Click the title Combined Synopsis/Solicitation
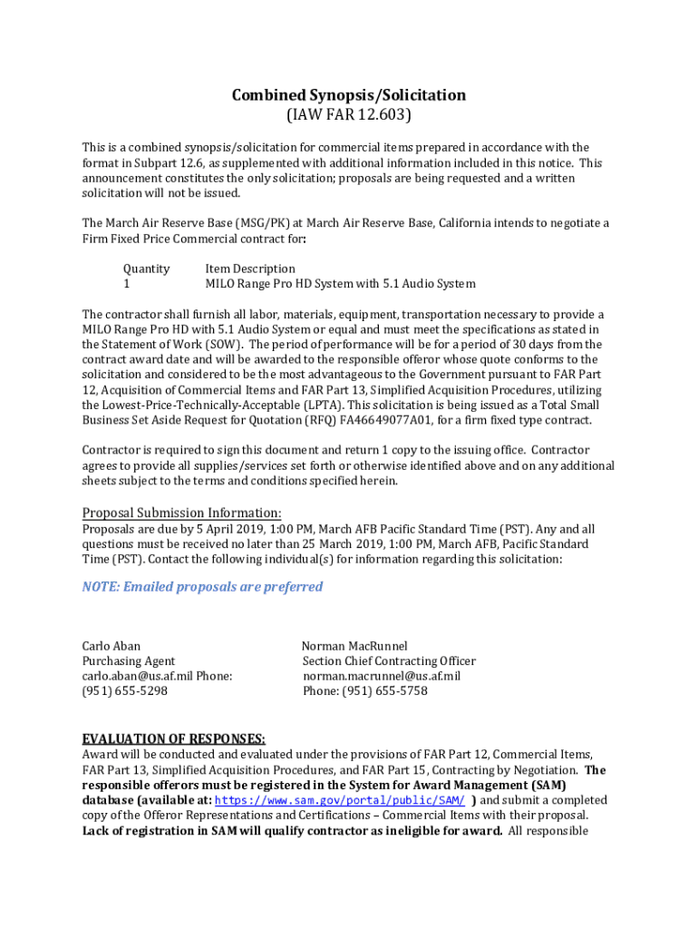pyautogui.click(x=349, y=95)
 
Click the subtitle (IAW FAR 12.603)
pyautogui.click(x=349, y=115)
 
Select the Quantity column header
pyautogui.click(x=146, y=269)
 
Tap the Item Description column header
pyautogui.click(x=250, y=269)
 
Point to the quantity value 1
pyautogui.click(x=127, y=284)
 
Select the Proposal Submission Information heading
pyautogui.click(x=181, y=512)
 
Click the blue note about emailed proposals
pyautogui.click(x=202, y=587)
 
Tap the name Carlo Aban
pyautogui.click(x=111, y=646)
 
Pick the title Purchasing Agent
pyautogui.click(x=129, y=661)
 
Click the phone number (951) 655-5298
pyautogui.click(x=125, y=691)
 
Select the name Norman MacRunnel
pyautogui.click(x=354, y=646)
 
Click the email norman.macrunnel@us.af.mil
pyautogui.click(x=382, y=676)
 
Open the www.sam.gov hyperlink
pyautogui.click(x=341, y=800)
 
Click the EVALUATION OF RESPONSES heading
pyautogui.click(x=173, y=738)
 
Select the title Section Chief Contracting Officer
pyautogui.click(x=389, y=661)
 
